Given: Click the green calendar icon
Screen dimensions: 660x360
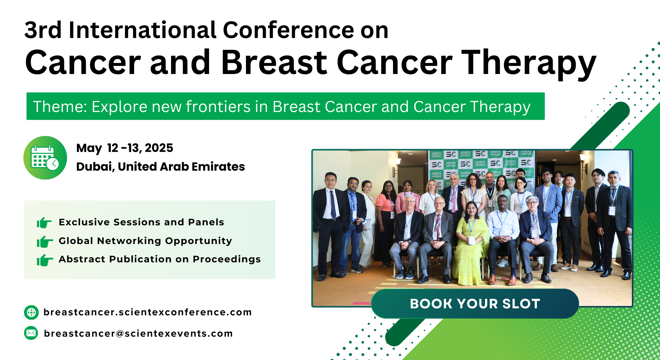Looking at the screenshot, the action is tap(45, 158).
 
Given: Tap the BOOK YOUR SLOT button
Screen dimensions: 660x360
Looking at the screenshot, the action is tap(475, 304).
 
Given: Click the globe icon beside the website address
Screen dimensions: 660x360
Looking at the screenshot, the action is tap(31, 312).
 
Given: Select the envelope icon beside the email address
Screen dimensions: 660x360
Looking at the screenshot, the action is tap(31, 333).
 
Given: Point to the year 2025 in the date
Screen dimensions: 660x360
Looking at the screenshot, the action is tap(159, 148).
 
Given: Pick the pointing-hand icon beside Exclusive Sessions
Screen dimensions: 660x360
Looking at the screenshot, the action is tap(44, 222).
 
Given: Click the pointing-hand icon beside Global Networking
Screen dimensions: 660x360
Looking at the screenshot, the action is tap(45, 241).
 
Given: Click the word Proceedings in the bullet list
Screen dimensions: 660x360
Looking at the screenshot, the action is tap(227, 260).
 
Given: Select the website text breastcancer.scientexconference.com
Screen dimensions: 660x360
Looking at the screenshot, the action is tap(148, 312).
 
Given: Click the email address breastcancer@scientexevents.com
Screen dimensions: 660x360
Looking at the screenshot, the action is tap(138, 333).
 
